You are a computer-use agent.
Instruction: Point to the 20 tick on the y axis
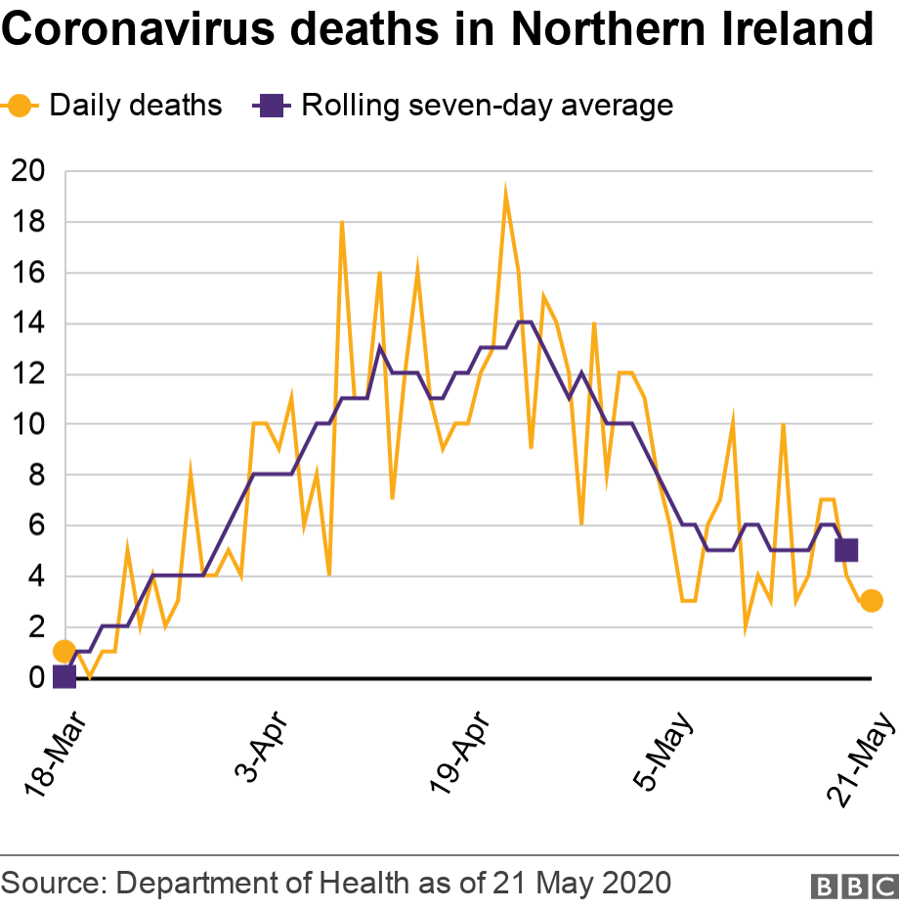click(x=28, y=171)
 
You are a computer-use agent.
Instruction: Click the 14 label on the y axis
click(x=28, y=324)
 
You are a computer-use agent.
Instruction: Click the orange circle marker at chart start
click(x=64, y=651)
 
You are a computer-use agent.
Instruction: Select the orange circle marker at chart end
click(x=872, y=600)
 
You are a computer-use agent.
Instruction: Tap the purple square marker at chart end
click(x=846, y=550)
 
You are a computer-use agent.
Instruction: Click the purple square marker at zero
click(x=64, y=676)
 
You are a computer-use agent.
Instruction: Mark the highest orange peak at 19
click(x=505, y=190)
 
